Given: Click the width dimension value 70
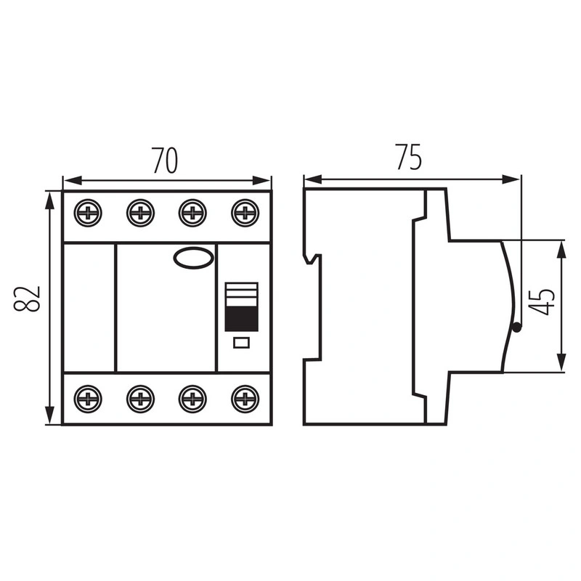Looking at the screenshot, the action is (165, 161).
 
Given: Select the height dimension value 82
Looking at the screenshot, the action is (27, 298).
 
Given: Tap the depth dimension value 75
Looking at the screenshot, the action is (409, 157).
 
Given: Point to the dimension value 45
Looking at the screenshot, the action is (542, 301).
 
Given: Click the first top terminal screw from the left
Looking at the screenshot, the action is (88, 213).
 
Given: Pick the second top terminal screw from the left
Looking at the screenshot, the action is (140, 213).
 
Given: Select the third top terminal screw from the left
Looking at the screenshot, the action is (192, 213).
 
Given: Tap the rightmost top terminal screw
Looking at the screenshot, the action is (245, 213).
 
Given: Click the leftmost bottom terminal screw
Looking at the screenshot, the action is (88, 399).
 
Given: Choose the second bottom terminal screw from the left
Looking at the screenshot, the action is (140, 399).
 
